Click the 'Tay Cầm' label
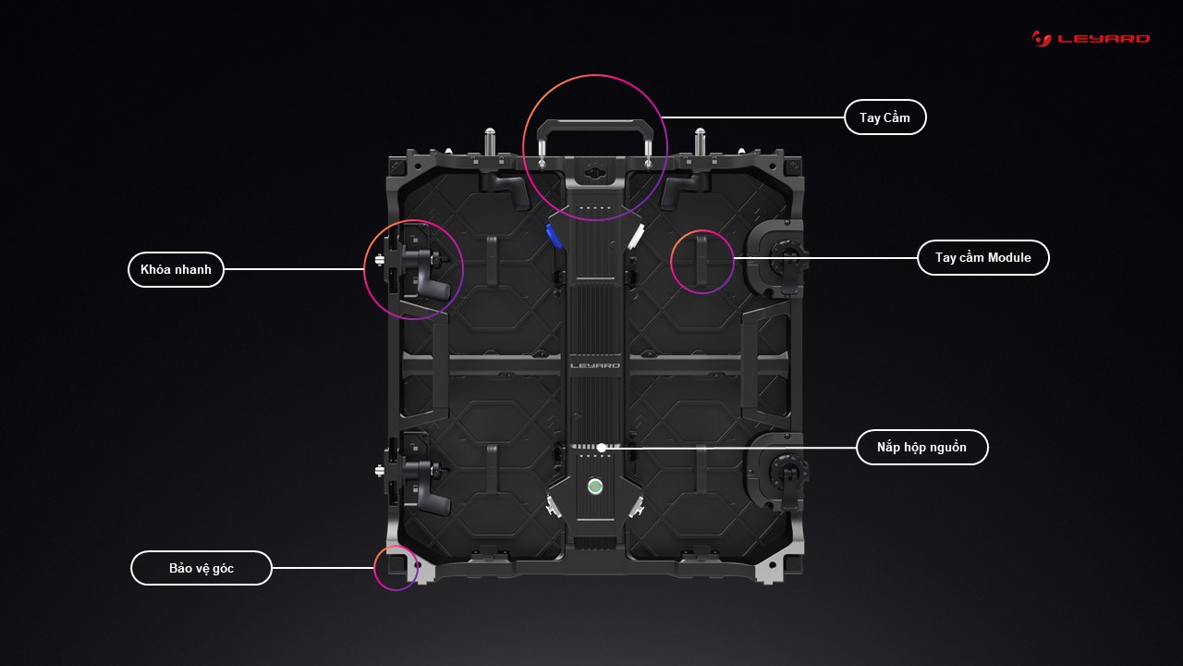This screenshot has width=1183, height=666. (885, 117)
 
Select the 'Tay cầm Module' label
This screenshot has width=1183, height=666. (982, 257)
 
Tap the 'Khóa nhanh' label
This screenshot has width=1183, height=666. (176, 269)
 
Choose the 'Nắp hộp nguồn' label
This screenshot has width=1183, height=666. (921, 447)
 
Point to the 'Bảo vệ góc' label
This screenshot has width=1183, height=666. (201, 568)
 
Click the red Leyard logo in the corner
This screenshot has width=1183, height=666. (1091, 39)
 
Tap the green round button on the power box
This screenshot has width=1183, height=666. (595, 487)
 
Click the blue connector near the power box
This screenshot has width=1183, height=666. (554, 236)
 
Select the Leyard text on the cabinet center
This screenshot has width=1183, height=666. (595, 365)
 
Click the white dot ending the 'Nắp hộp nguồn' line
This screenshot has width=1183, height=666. (602, 448)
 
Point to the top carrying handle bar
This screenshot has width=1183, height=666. (595, 124)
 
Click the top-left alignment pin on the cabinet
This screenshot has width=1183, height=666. (490, 142)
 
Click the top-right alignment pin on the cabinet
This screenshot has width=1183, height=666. (700, 142)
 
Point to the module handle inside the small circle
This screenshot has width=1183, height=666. (701, 262)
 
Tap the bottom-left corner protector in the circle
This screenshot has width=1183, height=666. (397, 564)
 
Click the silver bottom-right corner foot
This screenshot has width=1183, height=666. (770, 570)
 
